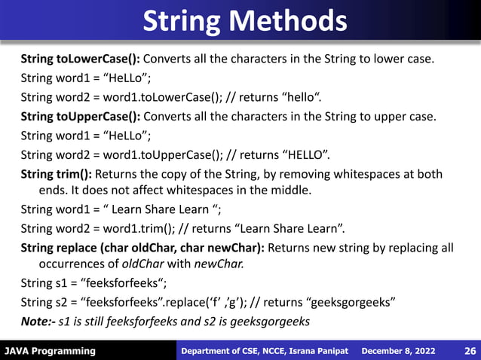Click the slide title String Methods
point(245,20)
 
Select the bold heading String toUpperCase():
point(80,117)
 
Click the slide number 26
point(470,351)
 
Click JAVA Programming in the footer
point(50,351)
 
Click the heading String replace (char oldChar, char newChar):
point(142,247)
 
